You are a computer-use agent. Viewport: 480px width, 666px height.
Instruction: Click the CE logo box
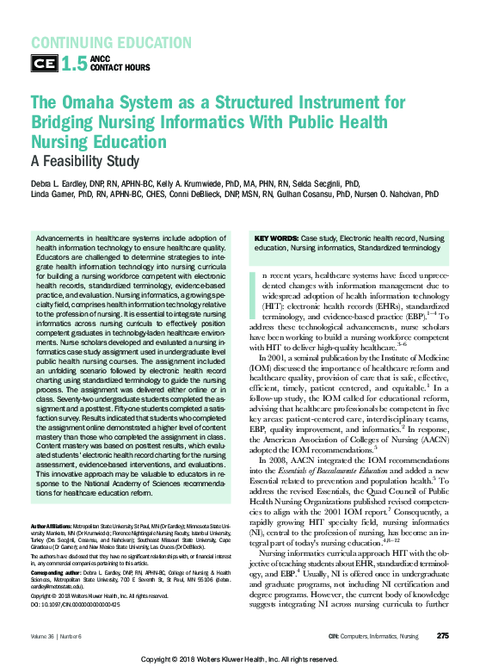coord(44,63)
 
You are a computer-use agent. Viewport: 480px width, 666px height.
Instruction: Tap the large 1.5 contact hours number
coord(74,62)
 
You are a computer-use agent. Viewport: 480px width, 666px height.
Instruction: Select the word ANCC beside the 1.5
coord(102,57)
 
